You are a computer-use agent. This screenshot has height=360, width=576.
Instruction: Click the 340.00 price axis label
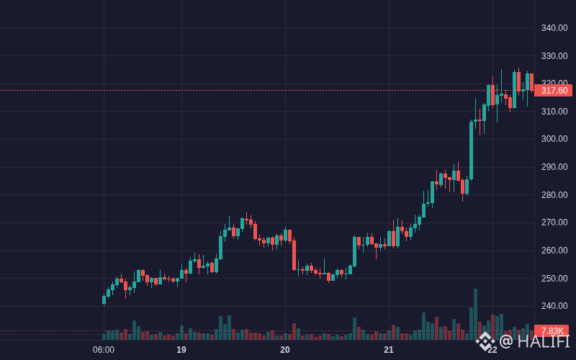tap(554, 28)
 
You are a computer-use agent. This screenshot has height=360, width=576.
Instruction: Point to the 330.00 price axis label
tap(554, 56)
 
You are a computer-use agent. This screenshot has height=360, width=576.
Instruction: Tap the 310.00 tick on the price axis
tap(554, 112)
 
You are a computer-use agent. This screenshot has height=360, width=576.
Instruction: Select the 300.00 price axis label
tap(554, 139)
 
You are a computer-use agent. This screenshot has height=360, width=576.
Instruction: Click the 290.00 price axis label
tap(554, 167)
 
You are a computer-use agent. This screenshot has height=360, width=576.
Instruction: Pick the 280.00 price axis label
tap(554, 194)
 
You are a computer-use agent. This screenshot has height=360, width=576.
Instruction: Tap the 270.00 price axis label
tap(554, 222)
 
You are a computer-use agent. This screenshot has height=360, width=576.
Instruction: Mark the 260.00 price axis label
tap(554, 250)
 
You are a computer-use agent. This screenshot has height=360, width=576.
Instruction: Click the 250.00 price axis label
tap(554, 279)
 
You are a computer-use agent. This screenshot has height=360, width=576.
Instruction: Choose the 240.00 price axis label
tap(554, 305)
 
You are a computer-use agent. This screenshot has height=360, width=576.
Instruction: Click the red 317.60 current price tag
tap(553, 91)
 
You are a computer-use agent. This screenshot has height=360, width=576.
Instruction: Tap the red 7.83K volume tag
tap(552, 331)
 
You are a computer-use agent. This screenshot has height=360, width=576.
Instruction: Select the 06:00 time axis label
tap(104, 350)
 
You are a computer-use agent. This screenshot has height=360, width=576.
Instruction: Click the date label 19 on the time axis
tap(181, 350)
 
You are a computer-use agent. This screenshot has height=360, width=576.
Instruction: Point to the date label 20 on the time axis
tap(285, 350)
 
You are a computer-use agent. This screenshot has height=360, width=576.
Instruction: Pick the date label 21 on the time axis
tap(389, 350)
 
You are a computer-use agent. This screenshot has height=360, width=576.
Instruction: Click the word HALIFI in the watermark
tap(544, 341)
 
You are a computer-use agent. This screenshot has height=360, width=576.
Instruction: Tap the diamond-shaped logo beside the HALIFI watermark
tap(485, 341)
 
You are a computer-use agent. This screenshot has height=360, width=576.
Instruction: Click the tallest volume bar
tap(475, 315)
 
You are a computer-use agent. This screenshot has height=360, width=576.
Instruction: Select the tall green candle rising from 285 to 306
tap(472, 150)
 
